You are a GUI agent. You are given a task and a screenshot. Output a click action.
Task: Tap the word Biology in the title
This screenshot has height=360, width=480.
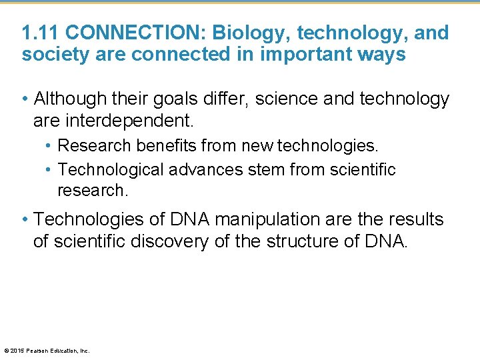click(250, 33)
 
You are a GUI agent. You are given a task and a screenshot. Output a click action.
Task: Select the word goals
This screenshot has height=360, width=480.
click(170, 99)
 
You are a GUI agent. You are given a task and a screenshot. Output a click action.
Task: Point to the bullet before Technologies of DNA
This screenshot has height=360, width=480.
click(25, 219)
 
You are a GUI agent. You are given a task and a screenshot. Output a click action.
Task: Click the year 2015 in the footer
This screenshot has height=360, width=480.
click(17, 351)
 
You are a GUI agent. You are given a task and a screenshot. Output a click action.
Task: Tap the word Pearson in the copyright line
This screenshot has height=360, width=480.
click(36, 351)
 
